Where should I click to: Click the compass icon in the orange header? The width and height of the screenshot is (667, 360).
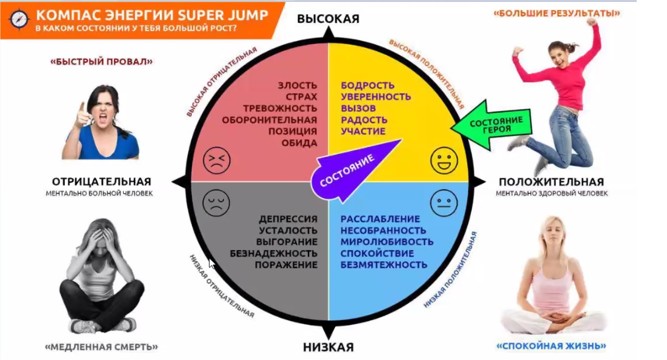point(19,19)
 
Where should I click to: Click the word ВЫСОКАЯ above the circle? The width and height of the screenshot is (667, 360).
point(328,19)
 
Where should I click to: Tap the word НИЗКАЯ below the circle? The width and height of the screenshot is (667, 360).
point(328,347)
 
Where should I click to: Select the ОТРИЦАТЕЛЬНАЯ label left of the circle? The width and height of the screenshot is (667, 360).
point(101,182)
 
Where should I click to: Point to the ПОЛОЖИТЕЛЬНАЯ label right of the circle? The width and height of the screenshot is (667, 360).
point(551,182)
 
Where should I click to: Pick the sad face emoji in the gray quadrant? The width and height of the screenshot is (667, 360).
point(216,203)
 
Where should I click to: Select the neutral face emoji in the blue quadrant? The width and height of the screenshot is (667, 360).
point(444,203)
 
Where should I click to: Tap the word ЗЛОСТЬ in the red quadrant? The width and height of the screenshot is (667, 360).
point(297,85)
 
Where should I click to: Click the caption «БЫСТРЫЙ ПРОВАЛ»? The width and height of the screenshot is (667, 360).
point(101,62)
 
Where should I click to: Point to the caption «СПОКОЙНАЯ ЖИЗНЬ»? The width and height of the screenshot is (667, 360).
point(551,346)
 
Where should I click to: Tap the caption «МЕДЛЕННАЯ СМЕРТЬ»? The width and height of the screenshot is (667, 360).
point(101,347)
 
